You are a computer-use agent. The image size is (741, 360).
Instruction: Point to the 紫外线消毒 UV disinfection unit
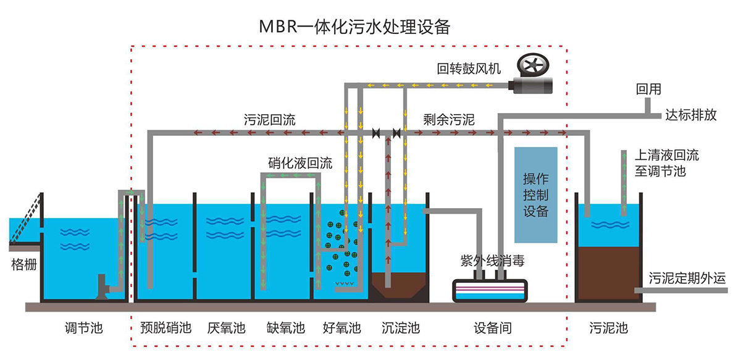point(491,290)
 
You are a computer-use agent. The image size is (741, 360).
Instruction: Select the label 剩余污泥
point(449,120)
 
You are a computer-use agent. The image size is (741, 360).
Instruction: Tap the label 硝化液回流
point(300,164)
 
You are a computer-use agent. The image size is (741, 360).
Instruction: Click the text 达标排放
point(691,115)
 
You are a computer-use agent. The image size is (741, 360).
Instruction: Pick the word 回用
point(648,90)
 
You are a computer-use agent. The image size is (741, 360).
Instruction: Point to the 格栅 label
point(25,266)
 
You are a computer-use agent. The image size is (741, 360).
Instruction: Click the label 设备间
point(492,328)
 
